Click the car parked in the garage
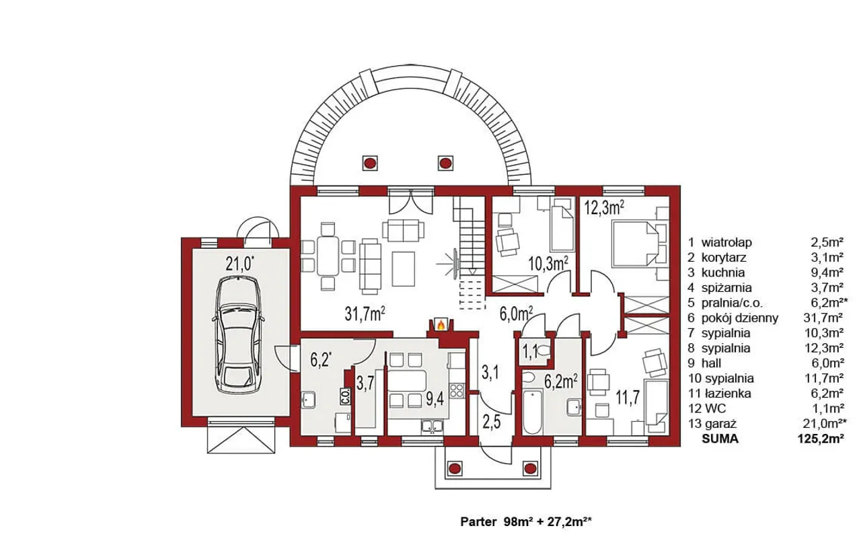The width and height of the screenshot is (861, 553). click(x=238, y=334)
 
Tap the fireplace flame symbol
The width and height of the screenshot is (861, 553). click(x=441, y=326)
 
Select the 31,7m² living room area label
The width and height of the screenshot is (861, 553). click(x=365, y=314)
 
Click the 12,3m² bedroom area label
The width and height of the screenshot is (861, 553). click(x=604, y=208)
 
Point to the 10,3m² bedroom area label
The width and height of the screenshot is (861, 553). click(x=548, y=264)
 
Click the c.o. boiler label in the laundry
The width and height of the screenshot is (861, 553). click(x=346, y=396)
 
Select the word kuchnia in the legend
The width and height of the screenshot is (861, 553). click(x=722, y=272)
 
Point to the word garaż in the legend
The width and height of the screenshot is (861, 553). click(x=720, y=424)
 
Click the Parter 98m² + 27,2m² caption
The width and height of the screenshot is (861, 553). click(x=526, y=521)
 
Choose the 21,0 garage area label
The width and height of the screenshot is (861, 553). click(x=240, y=264)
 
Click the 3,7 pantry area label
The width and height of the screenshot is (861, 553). click(x=365, y=383)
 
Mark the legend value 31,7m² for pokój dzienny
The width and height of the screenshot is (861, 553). click(x=823, y=318)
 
